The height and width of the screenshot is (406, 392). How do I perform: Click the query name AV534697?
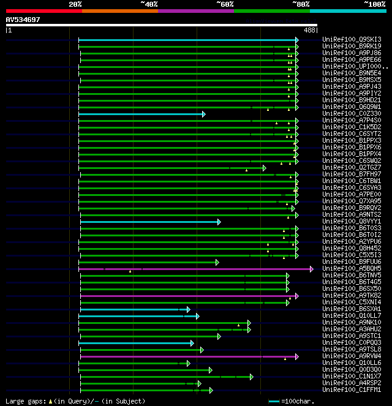point(23,20)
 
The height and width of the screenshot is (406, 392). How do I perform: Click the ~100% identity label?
point(374,4)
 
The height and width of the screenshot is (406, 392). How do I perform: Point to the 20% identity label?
point(75,4)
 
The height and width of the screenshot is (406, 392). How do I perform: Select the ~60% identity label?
point(225,4)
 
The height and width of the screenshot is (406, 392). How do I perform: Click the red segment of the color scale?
point(43,10)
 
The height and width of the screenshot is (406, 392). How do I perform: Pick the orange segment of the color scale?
point(119,10)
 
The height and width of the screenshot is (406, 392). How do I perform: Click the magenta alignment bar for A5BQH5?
point(196,269)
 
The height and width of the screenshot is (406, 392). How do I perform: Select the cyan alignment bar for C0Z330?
point(141,114)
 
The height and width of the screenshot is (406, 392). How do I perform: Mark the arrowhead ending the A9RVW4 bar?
point(296,356)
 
